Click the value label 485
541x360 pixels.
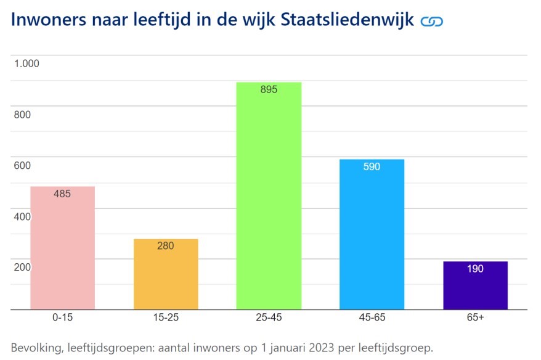[62, 194]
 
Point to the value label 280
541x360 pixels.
[166, 246]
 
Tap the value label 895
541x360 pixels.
[269, 89]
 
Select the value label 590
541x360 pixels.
[372, 166]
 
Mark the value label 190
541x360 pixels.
[475, 269]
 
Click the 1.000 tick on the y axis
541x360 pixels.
[27, 63]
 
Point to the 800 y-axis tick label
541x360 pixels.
[22, 115]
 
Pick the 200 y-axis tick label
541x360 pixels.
[22, 268]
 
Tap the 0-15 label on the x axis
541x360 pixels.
[62, 319]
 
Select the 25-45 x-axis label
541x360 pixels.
[269, 319]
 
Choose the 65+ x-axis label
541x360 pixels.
[475, 319]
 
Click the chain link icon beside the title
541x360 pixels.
[431, 22]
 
